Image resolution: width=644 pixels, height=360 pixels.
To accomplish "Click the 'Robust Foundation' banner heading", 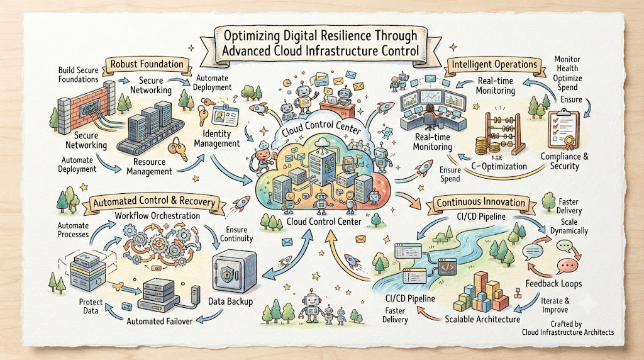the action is (x=147, y=64).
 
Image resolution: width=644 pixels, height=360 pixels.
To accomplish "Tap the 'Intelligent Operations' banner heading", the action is (x=494, y=64).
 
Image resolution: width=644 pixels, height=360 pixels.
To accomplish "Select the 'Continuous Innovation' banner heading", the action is (x=480, y=202).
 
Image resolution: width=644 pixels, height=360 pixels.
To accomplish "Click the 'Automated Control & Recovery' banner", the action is (x=154, y=201).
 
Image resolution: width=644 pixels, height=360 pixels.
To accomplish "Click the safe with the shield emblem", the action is (x=235, y=273).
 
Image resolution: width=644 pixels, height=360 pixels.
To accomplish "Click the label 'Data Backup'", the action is (x=230, y=301).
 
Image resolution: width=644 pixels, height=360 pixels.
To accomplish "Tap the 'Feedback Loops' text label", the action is (x=553, y=283).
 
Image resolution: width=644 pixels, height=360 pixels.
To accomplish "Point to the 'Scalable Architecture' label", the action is (x=482, y=319).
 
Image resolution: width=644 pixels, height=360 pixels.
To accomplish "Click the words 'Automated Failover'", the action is (x=159, y=321).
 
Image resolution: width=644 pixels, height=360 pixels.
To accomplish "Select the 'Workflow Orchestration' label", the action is (x=157, y=216).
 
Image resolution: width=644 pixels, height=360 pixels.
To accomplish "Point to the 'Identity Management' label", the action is (x=217, y=138).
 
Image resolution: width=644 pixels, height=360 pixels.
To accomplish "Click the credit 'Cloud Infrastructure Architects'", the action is (x=568, y=332).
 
